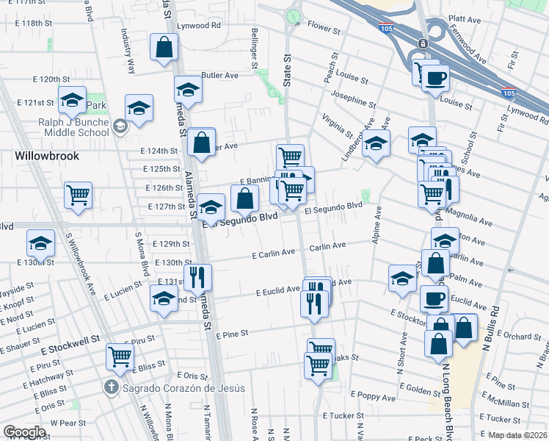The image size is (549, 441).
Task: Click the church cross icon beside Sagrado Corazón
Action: [111, 387]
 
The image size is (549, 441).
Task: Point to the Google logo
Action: [24, 432]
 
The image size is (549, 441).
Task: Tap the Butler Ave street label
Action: [219, 75]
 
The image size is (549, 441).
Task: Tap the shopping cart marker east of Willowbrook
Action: [78, 195]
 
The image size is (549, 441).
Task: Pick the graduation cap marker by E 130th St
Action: [41, 243]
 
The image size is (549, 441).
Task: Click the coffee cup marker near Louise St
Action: [436, 76]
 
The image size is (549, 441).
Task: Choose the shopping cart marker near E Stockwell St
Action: [120, 357]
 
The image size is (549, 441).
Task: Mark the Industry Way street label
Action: [128, 52]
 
